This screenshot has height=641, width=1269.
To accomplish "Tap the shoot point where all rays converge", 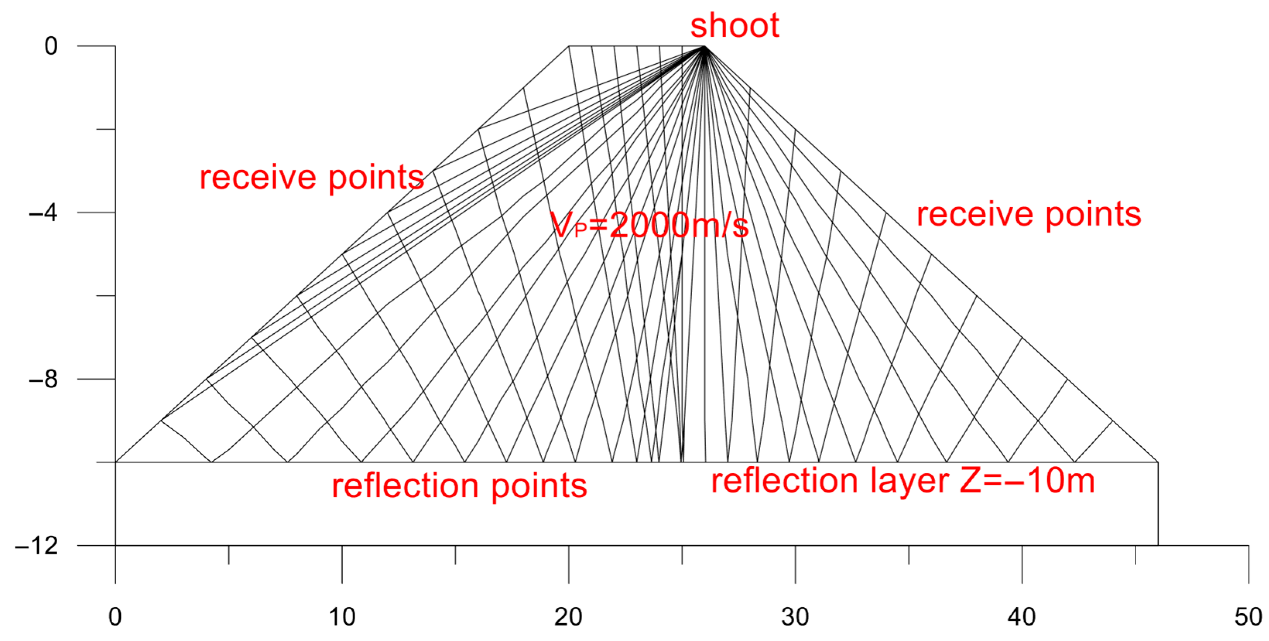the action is [x=705, y=46].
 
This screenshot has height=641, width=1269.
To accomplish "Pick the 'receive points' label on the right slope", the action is [x=1029, y=215].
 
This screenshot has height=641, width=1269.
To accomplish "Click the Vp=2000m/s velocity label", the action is [x=649, y=227].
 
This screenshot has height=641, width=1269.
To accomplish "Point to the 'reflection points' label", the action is [x=459, y=486].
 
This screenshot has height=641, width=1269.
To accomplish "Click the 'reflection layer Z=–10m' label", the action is [x=903, y=481].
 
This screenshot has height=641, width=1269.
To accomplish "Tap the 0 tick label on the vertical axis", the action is [x=51, y=46].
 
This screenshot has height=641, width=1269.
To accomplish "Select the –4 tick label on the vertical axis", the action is [x=43, y=213].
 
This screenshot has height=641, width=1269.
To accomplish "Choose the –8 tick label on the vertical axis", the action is [x=43, y=379].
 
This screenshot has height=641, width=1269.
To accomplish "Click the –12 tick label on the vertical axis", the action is [x=36, y=546].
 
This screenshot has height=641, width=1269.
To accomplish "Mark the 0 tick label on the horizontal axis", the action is [x=115, y=617].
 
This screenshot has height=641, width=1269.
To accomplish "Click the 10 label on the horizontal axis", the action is [x=342, y=617].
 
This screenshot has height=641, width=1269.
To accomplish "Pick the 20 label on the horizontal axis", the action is [x=568, y=617].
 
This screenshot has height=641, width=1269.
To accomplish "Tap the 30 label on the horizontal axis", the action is [x=795, y=617].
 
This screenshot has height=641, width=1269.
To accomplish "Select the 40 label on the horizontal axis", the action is [x=1022, y=617].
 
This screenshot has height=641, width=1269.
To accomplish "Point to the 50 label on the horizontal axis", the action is [x=1248, y=617].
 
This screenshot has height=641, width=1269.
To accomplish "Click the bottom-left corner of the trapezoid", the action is [x=116, y=462].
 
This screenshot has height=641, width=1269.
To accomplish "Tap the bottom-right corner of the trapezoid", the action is [x=1158, y=462].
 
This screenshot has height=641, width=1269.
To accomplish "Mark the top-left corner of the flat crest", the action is [x=569, y=46].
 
